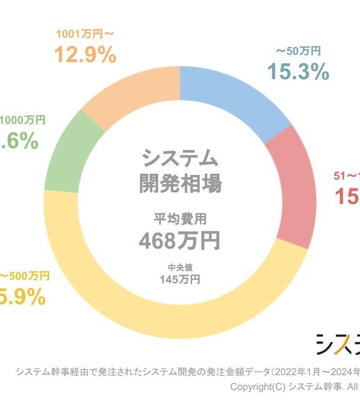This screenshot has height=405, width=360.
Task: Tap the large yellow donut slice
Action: [x=169, y=315]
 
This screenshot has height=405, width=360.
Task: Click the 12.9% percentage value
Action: [x=85, y=55]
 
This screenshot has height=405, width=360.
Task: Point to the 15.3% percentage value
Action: [x=298, y=71]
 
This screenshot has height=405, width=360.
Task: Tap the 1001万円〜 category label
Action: [x=85, y=34]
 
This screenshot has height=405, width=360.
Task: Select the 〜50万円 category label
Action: [x=298, y=51]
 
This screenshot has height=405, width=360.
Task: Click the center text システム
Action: [x=179, y=159]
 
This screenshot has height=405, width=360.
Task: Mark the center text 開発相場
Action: [x=179, y=183]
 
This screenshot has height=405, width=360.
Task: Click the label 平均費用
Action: [x=179, y=219]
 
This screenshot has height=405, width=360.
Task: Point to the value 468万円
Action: [x=179, y=240]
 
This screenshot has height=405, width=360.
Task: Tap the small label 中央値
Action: [x=179, y=267]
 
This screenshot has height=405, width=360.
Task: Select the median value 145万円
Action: [x=179, y=279]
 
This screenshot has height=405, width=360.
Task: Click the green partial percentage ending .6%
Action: [x=19, y=142]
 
